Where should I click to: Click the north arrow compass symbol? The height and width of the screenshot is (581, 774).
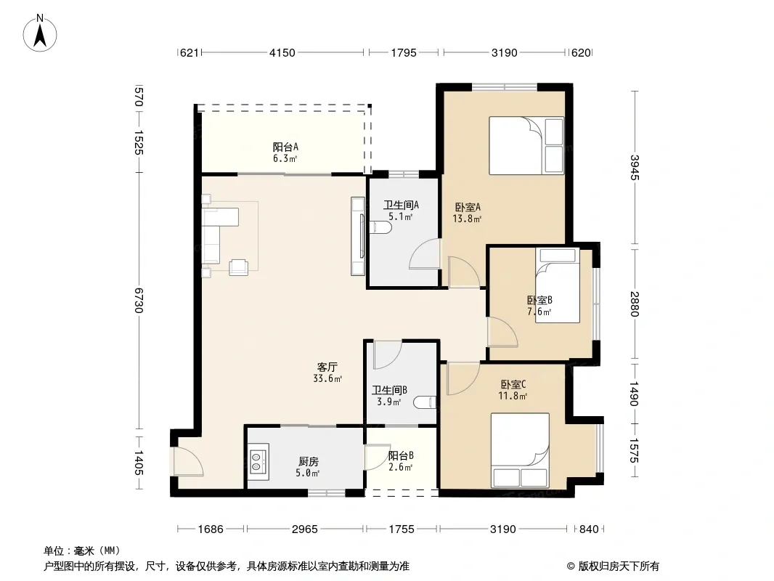40,33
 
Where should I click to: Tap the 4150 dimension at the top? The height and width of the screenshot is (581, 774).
282,52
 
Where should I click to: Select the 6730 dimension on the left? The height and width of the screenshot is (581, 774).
139,300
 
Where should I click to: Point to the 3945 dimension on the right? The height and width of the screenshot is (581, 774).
635,168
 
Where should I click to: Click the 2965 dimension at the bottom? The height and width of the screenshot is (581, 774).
304,529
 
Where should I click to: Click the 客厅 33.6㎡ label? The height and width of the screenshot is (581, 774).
327,373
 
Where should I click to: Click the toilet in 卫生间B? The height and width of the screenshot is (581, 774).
425,402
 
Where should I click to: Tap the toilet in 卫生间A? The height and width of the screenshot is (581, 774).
380,227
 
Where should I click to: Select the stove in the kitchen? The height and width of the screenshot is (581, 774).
258,462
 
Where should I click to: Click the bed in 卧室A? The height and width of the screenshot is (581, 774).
526,146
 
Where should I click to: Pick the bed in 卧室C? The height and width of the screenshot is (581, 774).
521,450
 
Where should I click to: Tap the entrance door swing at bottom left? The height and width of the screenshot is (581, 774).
188,462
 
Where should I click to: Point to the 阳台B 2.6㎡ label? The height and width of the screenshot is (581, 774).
400,461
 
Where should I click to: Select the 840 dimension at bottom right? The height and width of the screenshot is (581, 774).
589,529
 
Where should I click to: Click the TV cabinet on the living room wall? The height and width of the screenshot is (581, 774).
358,236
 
